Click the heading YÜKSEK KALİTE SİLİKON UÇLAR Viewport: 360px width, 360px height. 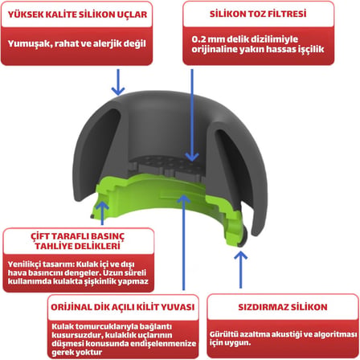tap(77, 14)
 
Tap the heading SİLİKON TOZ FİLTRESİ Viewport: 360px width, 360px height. tap(258, 14)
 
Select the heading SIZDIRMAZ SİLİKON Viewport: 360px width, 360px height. tap(283, 307)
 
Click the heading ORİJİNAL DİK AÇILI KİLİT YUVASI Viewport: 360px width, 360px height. tap(123, 307)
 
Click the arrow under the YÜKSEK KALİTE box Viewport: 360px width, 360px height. tap(118, 82)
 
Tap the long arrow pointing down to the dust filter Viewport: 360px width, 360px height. tap(192, 115)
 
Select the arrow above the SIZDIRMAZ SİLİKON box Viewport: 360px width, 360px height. tap(240, 269)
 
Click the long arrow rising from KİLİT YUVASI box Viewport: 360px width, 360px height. tap(184, 242)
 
